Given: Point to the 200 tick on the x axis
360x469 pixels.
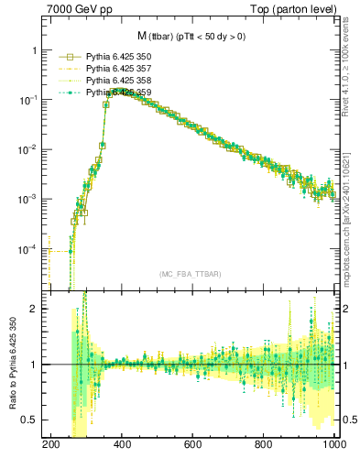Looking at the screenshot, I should click(50, 444).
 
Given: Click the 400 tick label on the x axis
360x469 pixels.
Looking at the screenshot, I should click(122, 444).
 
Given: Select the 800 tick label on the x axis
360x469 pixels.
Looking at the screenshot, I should click(264, 444).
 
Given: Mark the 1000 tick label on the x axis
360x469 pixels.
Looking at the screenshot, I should click(332, 444).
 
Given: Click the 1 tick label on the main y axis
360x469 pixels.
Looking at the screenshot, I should click(37, 50).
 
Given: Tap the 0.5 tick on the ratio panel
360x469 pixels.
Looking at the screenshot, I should click(32, 420).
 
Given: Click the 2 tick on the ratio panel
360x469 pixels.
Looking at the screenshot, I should click(37, 309).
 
